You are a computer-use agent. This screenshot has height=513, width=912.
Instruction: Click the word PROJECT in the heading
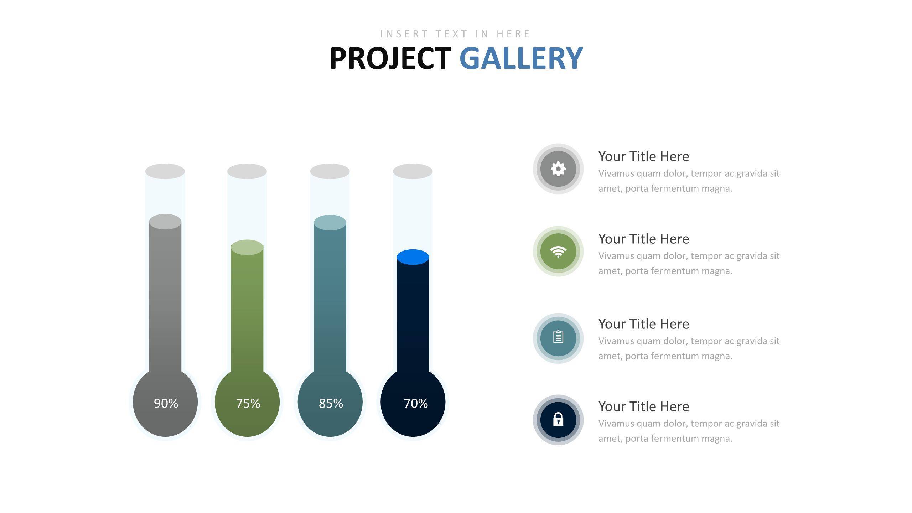click(390, 58)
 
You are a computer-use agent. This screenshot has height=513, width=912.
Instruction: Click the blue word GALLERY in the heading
click(521, 58)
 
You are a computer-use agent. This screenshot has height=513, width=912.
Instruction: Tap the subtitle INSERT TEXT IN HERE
click(455, 34)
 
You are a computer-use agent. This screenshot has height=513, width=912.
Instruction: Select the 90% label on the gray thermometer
click(166, 403)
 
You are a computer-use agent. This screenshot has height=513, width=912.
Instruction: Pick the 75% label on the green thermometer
click(248, 403)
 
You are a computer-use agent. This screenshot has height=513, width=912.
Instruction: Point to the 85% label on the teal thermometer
click(331, 403)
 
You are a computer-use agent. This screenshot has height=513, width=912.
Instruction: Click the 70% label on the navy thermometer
click(416, 403)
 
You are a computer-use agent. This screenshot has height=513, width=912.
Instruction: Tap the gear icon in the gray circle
click(558, 169)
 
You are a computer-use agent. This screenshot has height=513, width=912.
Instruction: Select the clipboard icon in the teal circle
click(558, 337)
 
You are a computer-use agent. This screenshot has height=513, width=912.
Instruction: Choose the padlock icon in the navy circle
click(558, 419)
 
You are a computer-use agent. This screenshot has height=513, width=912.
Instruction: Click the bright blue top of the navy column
click(413, 257)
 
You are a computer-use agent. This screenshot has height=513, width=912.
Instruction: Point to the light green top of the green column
click(247, 247)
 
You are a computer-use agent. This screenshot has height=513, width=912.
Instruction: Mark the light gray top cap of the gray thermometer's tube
click(165, 171)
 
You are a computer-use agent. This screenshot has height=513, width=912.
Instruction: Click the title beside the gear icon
click(644, 156)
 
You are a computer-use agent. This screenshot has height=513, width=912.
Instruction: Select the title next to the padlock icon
click(644, 406)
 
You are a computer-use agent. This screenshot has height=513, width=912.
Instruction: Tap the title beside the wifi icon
click(644, 239)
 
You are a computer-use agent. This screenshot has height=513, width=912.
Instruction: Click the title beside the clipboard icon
click(644, 324)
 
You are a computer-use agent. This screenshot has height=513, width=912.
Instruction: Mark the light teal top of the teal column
click(330, 223)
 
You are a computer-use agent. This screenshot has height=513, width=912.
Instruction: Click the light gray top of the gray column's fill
click(165, 222)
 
